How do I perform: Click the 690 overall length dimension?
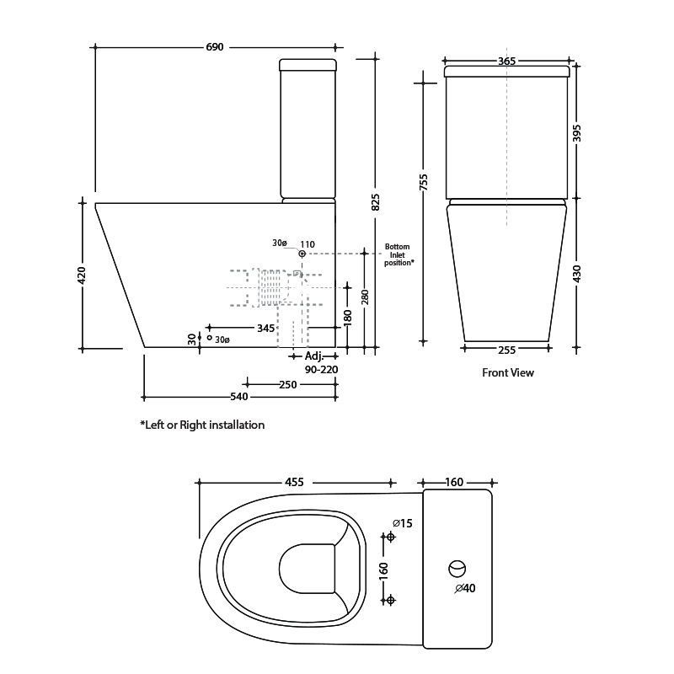coord(215,47)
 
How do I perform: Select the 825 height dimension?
coord(376,202)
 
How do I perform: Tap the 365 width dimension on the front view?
coord(506,61)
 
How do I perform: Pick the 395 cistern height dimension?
coord(577,133)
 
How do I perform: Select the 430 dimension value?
coord(577,274)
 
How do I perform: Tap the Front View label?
coord(507,372)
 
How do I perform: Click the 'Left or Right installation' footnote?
coord(202,425)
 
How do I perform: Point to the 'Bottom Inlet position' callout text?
coord(399,254)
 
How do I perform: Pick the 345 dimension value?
coord(265,328)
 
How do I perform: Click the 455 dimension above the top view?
coord(294,482)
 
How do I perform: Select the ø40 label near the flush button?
coord(465,588)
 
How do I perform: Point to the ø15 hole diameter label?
coord(403,524)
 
